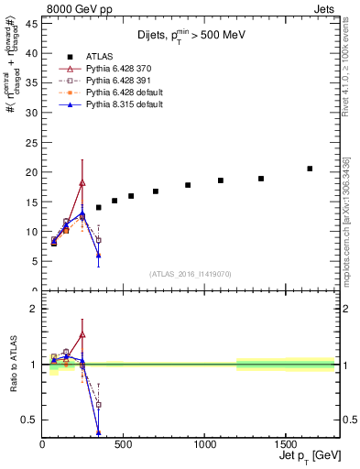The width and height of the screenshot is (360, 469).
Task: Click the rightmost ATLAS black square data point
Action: [x=310, y=169]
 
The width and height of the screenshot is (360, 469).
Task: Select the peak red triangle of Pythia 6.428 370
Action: [x=82, y=183]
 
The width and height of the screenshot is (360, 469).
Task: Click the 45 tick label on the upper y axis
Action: [x=32, y=23]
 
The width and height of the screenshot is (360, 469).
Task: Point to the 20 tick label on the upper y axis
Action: [x=32, y=172]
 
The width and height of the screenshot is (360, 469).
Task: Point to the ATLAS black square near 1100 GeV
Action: [x=221, y=180]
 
